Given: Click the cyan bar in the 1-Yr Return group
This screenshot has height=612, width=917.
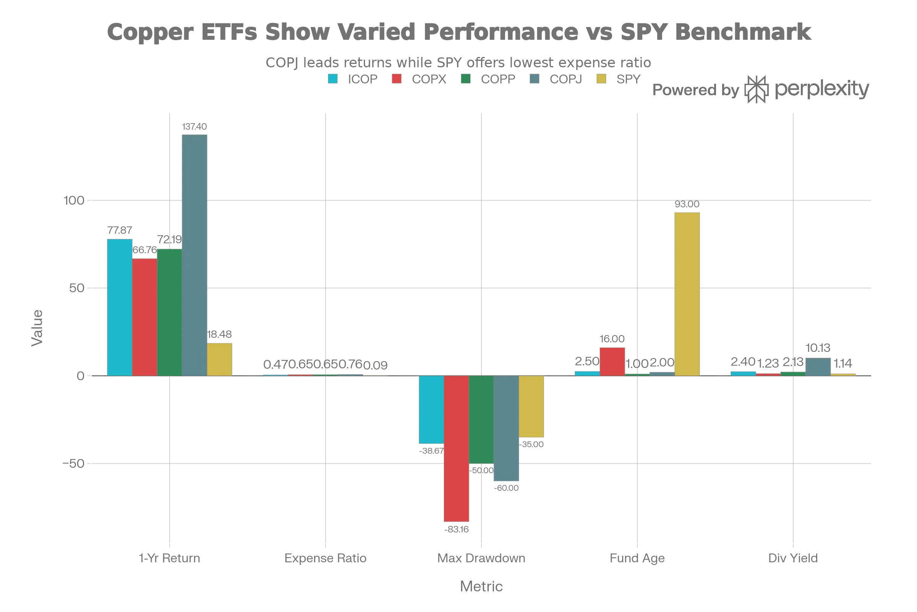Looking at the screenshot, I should coord(120,307).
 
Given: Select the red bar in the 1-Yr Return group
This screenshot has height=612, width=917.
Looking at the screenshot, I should coord(145,317).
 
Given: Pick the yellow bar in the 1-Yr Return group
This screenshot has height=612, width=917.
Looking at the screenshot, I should coord(220,360).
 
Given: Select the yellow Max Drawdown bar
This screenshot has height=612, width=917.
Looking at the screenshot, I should coord(532,406).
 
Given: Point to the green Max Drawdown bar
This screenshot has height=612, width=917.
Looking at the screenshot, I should coord(481,419).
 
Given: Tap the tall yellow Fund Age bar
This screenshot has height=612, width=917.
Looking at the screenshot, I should coord(688,294).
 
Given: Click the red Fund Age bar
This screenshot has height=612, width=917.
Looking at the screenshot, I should coord(612,361).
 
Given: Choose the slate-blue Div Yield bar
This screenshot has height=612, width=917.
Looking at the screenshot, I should coord(818,366).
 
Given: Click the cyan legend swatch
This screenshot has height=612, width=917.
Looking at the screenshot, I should coord(333,80).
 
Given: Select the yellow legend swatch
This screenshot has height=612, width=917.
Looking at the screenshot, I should coord(601,80).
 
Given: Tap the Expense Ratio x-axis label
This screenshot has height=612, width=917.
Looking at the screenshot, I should coord(325,558).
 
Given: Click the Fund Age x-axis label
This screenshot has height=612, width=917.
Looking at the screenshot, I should coord(637,558).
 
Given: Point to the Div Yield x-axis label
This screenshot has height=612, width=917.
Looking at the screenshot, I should coord(793,558).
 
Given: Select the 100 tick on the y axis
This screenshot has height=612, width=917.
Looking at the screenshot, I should coord(74,201).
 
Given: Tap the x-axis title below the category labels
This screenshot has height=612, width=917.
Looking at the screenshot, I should coord(481,587).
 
